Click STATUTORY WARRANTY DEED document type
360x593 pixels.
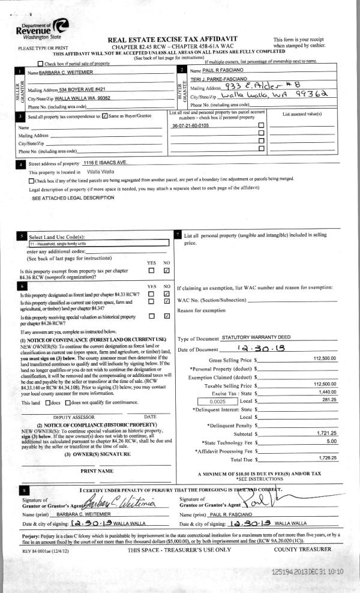point(257,339)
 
